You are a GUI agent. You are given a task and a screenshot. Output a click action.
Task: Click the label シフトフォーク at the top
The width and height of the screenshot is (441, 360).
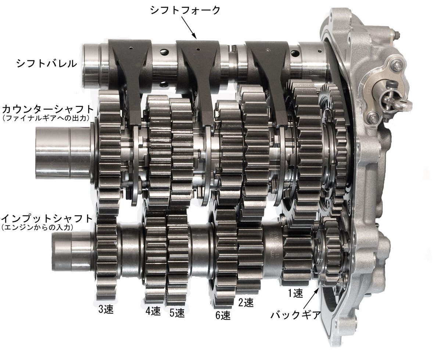point(186,10)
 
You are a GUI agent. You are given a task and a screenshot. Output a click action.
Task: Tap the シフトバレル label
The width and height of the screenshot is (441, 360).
point(46,63)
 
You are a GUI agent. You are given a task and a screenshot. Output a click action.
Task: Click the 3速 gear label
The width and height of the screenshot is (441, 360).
point(105,309)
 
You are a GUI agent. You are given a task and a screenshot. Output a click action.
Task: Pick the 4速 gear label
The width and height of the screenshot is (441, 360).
point(153,311)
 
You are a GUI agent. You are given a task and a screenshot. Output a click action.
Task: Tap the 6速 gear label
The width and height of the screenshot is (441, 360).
point(223,315)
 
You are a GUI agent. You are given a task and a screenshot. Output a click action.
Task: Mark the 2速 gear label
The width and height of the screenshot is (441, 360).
point(246,303)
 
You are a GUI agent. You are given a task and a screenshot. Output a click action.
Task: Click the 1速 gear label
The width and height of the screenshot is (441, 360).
point(295,293)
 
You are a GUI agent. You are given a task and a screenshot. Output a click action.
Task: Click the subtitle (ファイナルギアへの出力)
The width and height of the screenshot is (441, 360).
point(46,119)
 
